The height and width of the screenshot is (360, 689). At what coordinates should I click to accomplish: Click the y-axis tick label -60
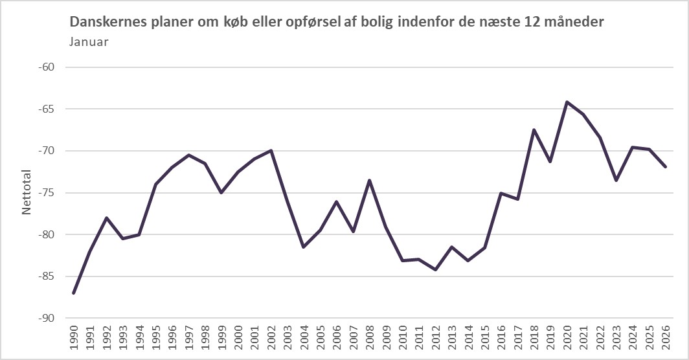coord(49,67)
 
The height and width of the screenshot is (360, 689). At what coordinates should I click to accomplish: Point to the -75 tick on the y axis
coord(49,193)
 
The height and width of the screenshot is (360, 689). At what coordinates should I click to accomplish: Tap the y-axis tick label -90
coord(49,319)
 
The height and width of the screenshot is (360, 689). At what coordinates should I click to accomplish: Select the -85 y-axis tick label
coord(49,276)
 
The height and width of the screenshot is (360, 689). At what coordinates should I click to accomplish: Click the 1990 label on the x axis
coord(74,339)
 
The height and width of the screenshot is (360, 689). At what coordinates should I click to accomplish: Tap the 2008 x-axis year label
coord(369,339)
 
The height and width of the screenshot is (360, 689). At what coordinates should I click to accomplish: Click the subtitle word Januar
coord(87,42)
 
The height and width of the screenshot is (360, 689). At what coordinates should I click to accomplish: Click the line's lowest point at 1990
coord(74,293)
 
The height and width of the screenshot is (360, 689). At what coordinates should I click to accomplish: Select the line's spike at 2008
coord(369,180)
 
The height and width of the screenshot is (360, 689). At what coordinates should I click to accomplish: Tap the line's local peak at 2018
coord(534,129)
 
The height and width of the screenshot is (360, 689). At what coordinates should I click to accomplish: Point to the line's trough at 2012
coord(435,269)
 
